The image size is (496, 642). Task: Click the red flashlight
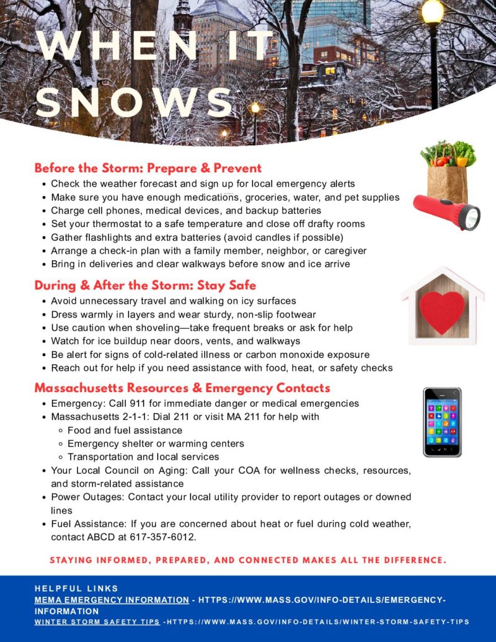[446, 211]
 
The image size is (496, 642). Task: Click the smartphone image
[442, 422]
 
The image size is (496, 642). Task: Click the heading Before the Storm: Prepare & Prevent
[148, 168]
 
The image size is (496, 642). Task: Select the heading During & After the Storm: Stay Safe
[145, 285]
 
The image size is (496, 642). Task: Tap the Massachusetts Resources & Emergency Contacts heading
[182, 388]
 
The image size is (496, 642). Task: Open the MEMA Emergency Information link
[112, 600]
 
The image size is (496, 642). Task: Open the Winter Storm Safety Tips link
[97, 622]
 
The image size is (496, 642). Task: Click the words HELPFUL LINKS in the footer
[76, 588]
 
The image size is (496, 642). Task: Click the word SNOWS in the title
[133, 101]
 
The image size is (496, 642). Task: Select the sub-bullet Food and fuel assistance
[125, 430]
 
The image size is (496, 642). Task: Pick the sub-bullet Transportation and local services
[143, 457]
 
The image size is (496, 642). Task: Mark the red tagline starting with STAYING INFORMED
[248, 560]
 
